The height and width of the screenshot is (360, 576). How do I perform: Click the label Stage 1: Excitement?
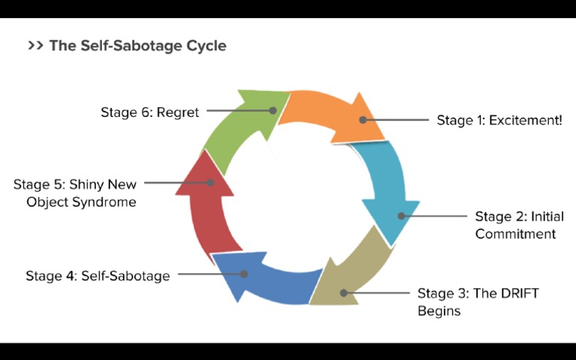499,120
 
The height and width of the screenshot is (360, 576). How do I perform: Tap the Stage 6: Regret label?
150,112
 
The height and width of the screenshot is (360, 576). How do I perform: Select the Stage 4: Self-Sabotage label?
97,275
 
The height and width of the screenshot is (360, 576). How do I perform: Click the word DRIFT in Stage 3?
520,293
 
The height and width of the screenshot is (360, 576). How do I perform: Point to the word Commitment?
515,233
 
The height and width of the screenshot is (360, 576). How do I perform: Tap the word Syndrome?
105,202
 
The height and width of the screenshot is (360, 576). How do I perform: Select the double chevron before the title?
35,46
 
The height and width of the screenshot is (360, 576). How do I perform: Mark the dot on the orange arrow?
363,119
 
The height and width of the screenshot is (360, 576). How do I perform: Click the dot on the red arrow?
211,182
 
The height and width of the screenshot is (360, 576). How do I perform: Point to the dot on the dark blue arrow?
244,274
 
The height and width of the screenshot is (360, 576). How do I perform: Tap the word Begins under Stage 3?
439,310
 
